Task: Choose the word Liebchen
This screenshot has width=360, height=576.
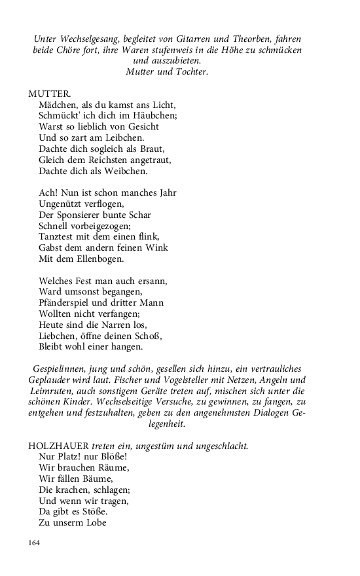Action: coord(58,336)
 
